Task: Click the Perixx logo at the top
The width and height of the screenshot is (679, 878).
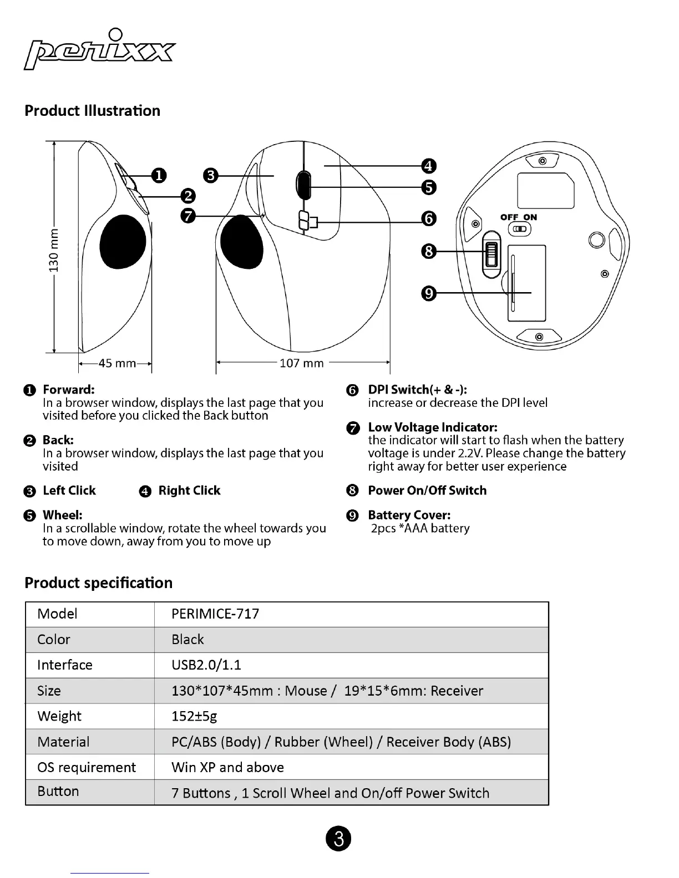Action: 100,50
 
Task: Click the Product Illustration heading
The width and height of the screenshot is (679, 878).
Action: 92,110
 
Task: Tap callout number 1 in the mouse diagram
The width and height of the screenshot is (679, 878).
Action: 159,176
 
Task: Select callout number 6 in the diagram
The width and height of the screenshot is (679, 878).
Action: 429,219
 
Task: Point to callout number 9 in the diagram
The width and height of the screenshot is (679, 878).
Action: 429,293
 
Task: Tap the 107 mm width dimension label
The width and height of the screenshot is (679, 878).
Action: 301,363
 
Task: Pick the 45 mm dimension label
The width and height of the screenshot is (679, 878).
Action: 116,363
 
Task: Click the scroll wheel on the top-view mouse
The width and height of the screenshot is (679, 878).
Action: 303,185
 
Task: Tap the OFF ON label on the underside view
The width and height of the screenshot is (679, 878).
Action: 519,217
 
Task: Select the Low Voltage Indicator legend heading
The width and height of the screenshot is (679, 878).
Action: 433,427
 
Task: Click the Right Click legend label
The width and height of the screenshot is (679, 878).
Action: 189,491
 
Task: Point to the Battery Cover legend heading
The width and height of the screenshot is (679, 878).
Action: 409,515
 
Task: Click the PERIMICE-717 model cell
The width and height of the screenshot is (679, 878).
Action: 215,614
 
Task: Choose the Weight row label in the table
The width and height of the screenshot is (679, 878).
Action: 59,716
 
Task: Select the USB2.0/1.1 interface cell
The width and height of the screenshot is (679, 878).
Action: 206,665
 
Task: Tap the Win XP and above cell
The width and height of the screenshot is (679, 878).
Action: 227,767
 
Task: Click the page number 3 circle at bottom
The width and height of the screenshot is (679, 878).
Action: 338,839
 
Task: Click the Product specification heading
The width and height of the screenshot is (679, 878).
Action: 98,583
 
